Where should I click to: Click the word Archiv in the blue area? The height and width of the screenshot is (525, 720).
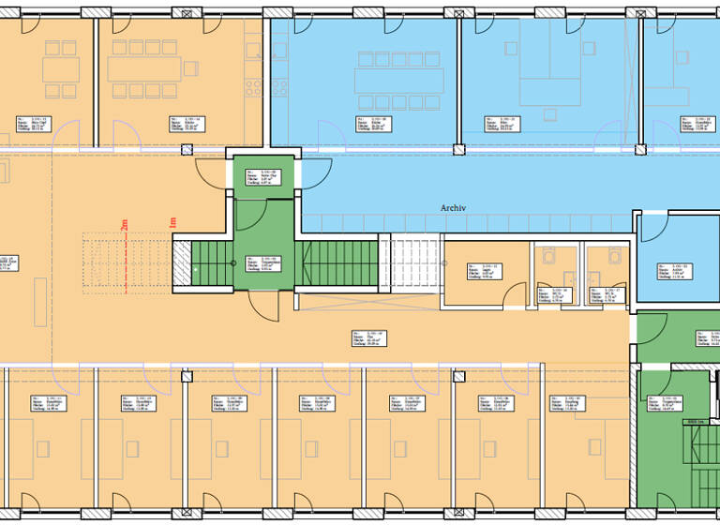(x=454, y=208)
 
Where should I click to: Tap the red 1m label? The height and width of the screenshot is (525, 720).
(x=172, y=224)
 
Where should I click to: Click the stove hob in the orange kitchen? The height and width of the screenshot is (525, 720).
(x=252, y=85)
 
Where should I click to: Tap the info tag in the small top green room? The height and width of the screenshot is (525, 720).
(x=257, y=177)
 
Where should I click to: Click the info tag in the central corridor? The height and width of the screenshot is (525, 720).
(x=371, y=337)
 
